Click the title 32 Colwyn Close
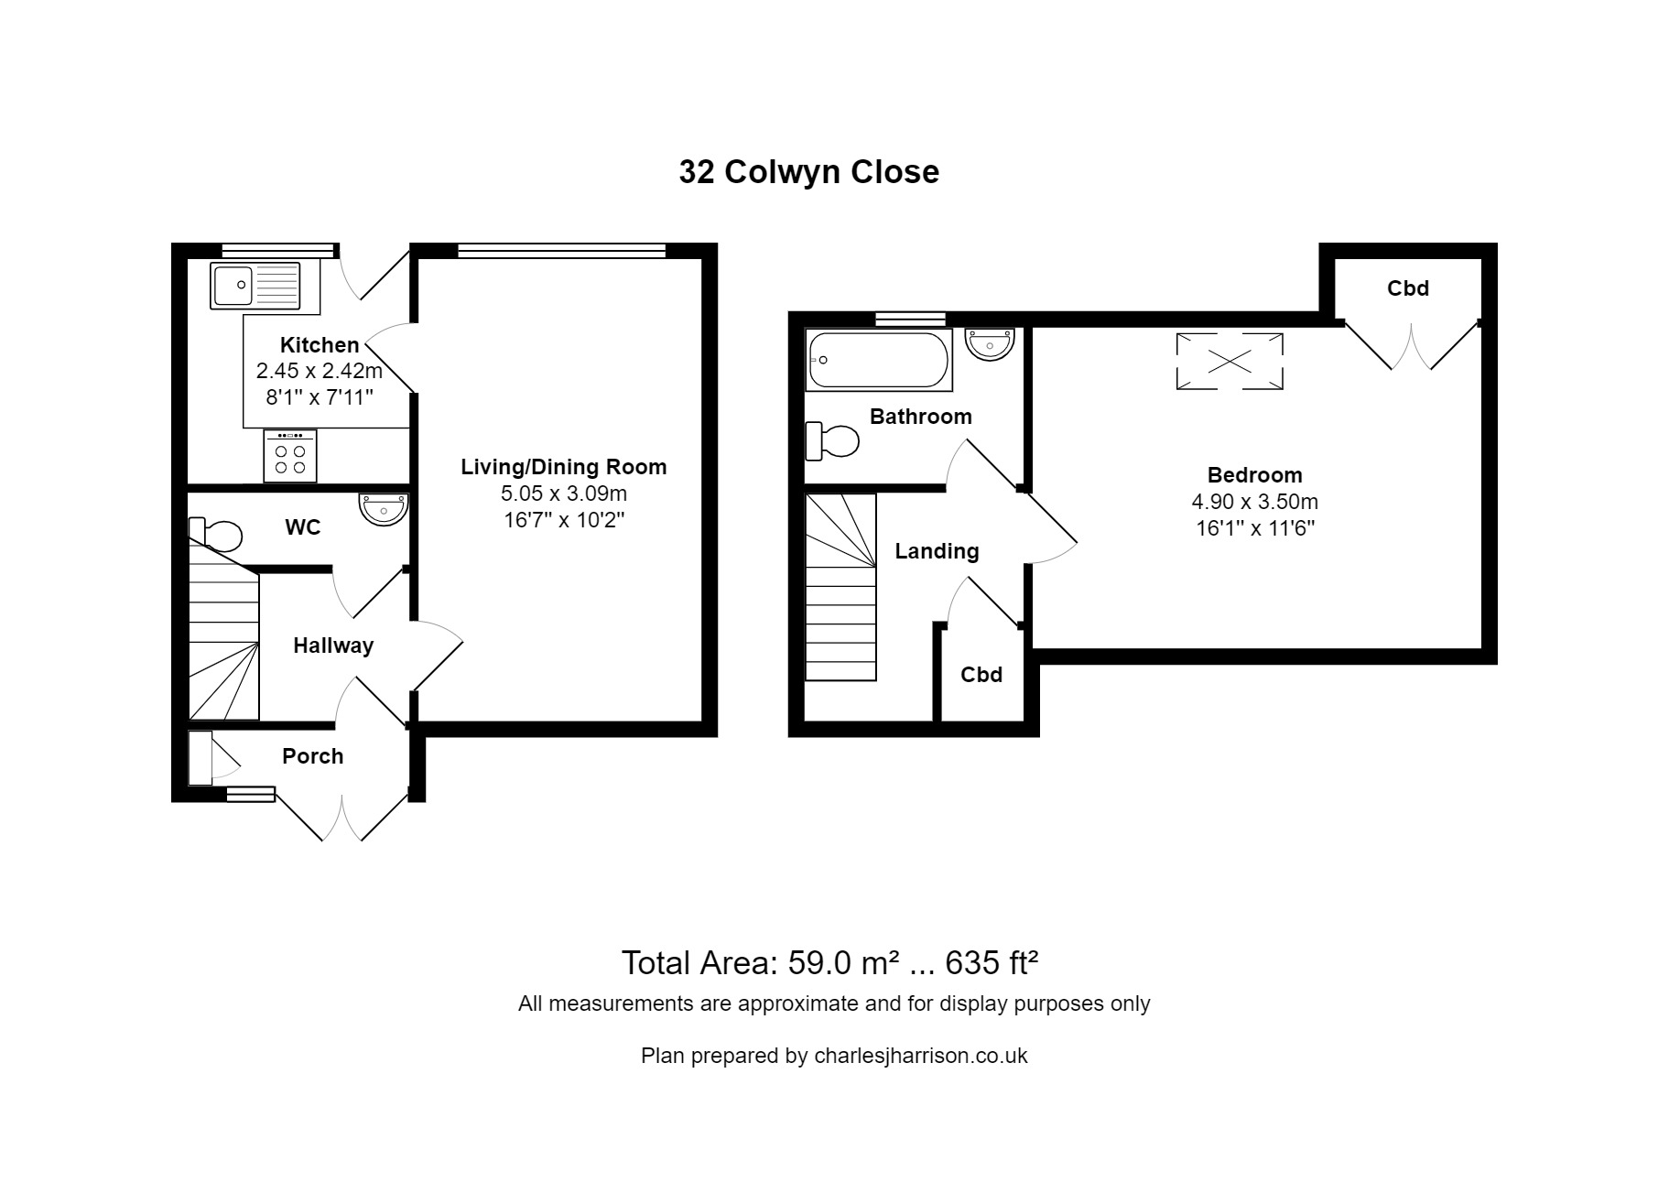(808, 172)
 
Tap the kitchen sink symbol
(255, 286)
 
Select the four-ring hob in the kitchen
(290, 456)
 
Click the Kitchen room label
(319, 345)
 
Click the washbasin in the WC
(384, 509)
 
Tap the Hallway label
(333, 645)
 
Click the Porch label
(312, 756)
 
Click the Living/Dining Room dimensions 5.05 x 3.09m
(563, 494)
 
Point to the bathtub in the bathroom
(878, 360)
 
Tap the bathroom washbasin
(990, 344)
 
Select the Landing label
(937, 551)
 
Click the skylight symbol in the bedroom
(1229, 362)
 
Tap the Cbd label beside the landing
(981, 675)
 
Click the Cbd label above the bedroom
(1407, 288)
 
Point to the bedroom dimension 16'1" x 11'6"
(1254, 528)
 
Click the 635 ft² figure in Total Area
(992, 963)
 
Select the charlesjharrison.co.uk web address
(920, 1056)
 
